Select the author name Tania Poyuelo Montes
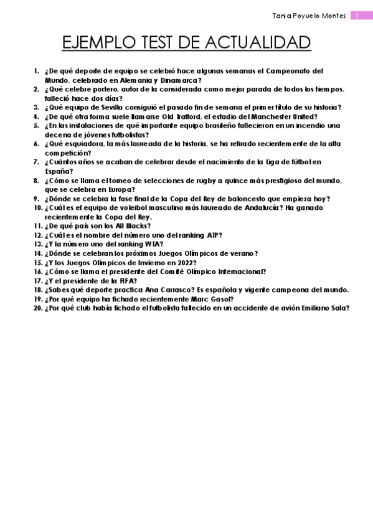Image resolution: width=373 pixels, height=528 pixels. click(309, 15)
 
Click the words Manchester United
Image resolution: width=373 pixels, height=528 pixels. click(284, 116)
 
